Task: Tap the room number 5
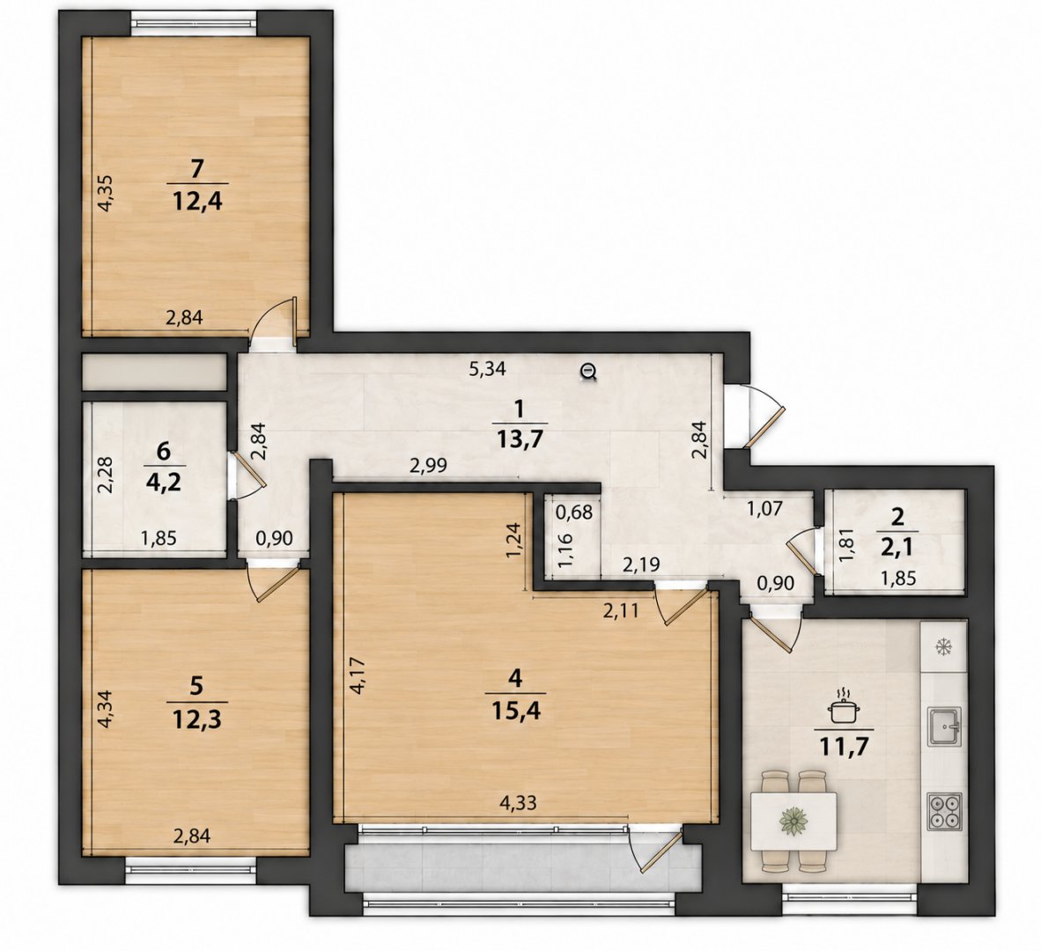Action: (x=196, y=686)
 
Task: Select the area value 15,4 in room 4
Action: (x=516, y=711)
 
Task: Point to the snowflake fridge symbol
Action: (x=942, y=647)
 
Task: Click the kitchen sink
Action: (x=943, y=726)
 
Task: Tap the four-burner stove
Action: (x=943, y=811)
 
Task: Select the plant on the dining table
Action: (x=794, y=821)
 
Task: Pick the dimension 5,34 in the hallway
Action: (x=487, y=369)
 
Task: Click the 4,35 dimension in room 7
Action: (x=106, y=193)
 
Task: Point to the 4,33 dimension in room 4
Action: (x=518, y=802)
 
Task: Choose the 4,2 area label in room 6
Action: (x=162, y=477)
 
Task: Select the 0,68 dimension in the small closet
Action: (x=573, y=512)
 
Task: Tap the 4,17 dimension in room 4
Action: (x=358, y=675)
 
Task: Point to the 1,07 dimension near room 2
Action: (x=764, y=509)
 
